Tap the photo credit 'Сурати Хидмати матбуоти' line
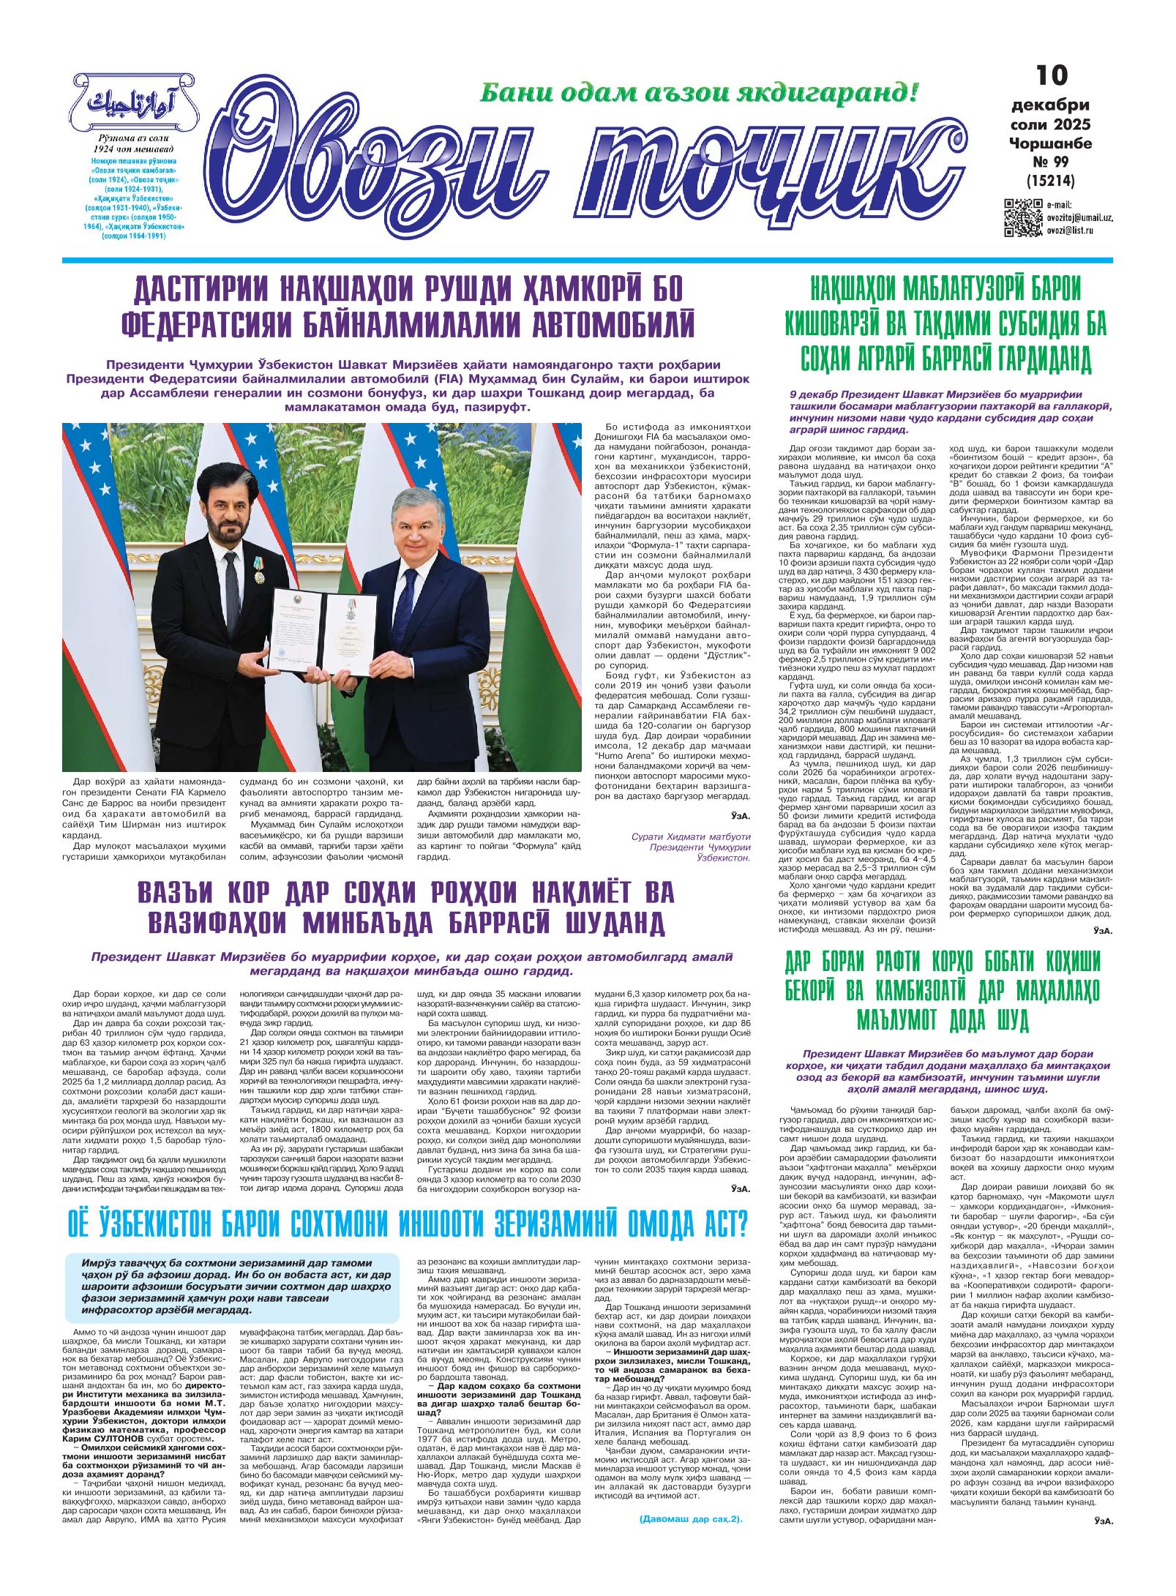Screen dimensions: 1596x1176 pyautogui.click(x=692, y=836)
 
